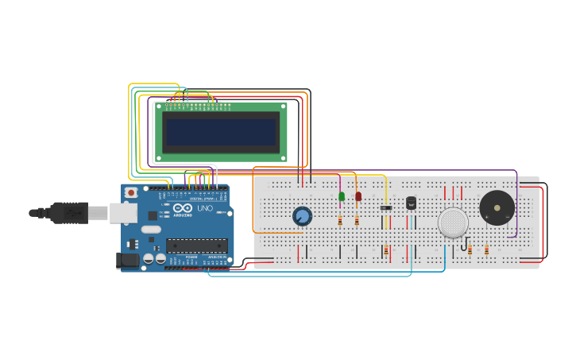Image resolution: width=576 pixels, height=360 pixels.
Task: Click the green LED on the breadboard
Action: [342, 196]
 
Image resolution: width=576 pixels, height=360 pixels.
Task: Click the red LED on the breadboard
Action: [358, 196]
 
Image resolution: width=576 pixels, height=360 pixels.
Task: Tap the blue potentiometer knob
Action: [302, 216]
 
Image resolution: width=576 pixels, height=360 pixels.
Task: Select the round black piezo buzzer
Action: [497, 208]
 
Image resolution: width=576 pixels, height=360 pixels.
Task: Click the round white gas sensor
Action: [453, 223]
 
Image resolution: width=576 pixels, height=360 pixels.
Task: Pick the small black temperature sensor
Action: [411, 203]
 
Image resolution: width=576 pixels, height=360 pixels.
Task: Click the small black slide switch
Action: [386, 208]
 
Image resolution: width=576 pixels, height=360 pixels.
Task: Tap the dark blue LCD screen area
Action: [221, 132]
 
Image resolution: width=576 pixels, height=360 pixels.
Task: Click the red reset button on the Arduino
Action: [131, 192]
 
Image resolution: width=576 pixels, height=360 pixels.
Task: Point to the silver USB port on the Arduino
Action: [122, 212]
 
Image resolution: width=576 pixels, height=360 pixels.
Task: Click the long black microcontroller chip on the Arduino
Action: [197, 246]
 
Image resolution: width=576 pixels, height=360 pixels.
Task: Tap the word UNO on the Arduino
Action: [205, 209]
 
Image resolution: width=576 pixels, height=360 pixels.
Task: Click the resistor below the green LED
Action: [340, 221]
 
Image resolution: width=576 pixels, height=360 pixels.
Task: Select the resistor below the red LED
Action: [357, 221]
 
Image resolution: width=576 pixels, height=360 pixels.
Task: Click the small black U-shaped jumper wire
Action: [463, 246]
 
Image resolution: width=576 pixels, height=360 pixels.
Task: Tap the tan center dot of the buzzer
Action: [497, 208]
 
